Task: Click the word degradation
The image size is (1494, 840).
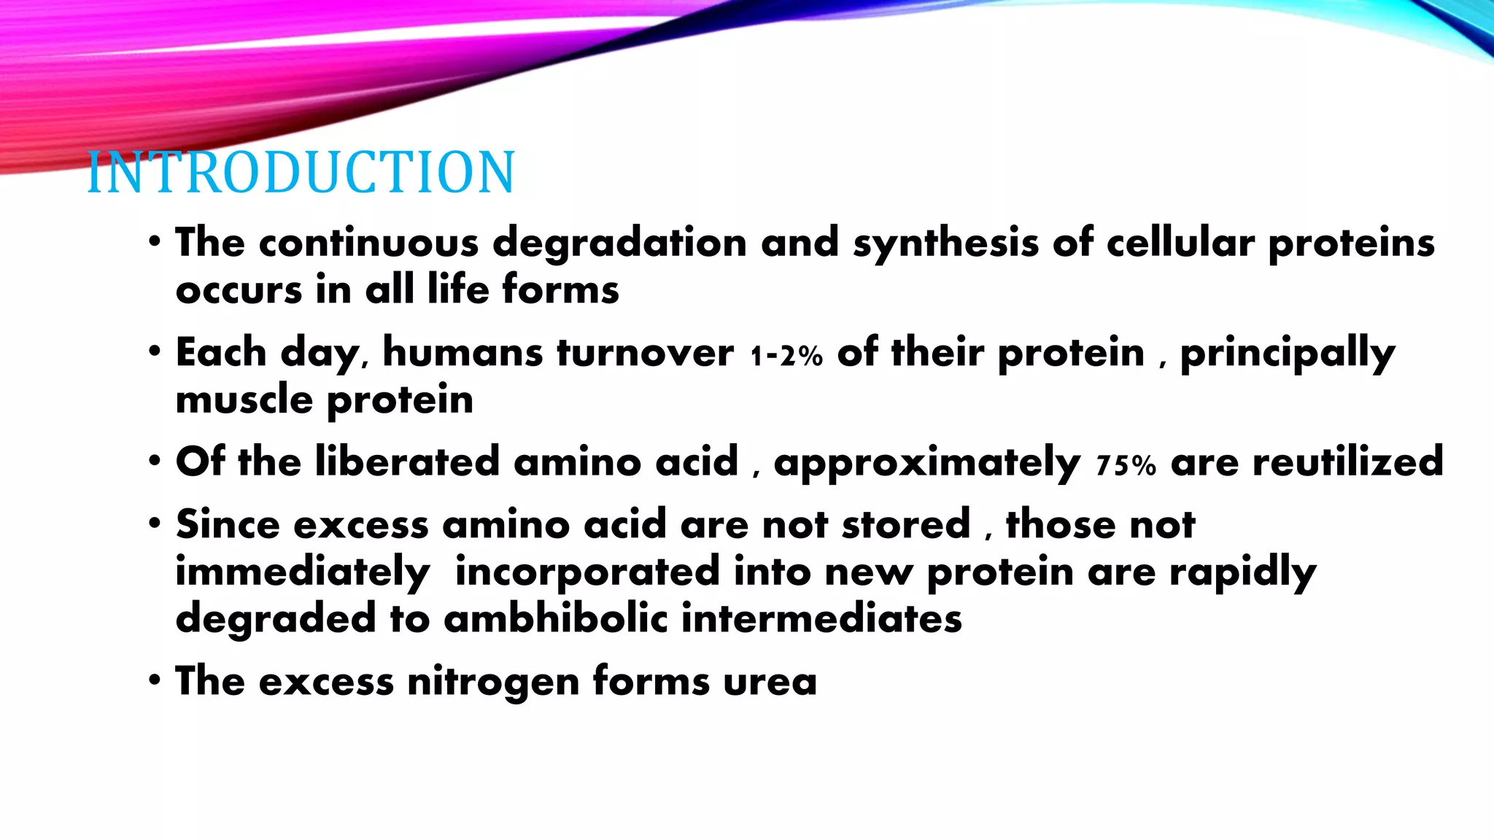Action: [619, 243]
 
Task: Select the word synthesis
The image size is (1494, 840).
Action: [945, 243]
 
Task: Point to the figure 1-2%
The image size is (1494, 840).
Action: [786, 356]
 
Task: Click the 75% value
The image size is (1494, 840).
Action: [1126, 465]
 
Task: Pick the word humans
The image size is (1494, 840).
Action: [462, 353]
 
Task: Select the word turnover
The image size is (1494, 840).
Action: [645, 353]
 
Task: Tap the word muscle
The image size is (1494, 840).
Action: [244, 400]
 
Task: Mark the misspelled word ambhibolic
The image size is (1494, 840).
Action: [555, 618]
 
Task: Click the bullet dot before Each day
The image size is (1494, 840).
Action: [154, 352]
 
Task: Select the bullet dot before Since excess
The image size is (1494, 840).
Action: [154, 524]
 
